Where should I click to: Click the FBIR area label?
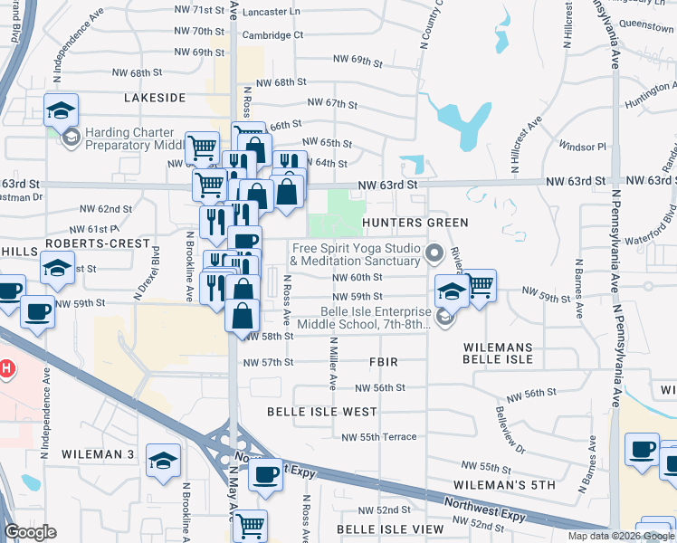tap(383, 362)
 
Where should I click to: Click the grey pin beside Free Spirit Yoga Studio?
tap(434, 252)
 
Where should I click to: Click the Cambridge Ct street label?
tap(272, 35)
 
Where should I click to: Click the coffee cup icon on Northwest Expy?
tap(265, 475)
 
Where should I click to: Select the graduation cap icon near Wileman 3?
tap(164, 462)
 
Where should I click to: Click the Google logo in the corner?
tap(30, 532)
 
